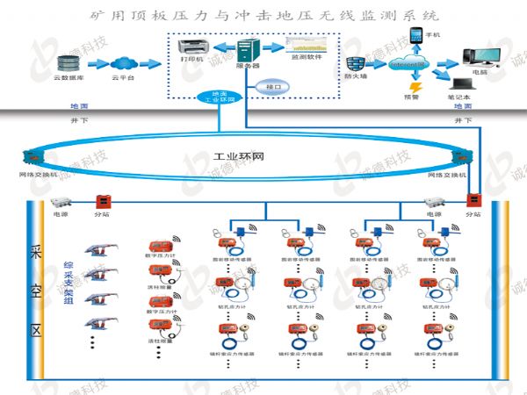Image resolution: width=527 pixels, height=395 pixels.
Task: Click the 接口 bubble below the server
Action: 272,87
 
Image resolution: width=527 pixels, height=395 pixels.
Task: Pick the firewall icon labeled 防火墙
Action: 356,65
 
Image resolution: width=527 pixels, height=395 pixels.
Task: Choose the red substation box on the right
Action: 473,201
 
